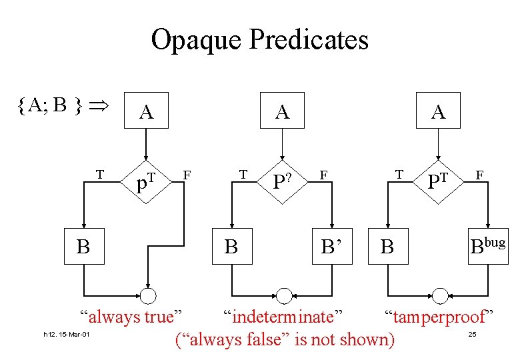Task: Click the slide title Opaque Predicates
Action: pos(259,39)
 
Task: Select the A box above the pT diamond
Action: pos(147,112)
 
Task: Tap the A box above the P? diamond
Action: pos(283,111)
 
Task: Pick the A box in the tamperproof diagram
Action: pos(438,111)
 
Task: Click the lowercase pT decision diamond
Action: pos(146,181)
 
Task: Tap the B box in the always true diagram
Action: pos(83,246)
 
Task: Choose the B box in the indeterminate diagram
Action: pos(231,246)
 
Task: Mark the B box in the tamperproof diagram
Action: pos(387,246)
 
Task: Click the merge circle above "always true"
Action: pos(147,295)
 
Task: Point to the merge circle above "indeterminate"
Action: pos(285,295)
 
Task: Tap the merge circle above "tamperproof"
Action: pos(440,295)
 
